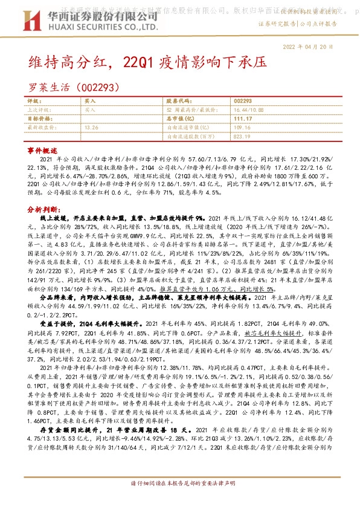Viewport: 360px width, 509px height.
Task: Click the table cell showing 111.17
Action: [x=242, y=119]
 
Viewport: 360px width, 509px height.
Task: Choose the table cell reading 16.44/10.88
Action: [x=247, y=110]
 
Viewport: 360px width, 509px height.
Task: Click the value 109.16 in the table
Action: [x=242, y=128]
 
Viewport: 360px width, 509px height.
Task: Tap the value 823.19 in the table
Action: [x=242, y=137]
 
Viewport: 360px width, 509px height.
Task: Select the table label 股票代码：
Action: [x=179, y=102]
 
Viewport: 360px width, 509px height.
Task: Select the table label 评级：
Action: [x=36, y=102]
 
